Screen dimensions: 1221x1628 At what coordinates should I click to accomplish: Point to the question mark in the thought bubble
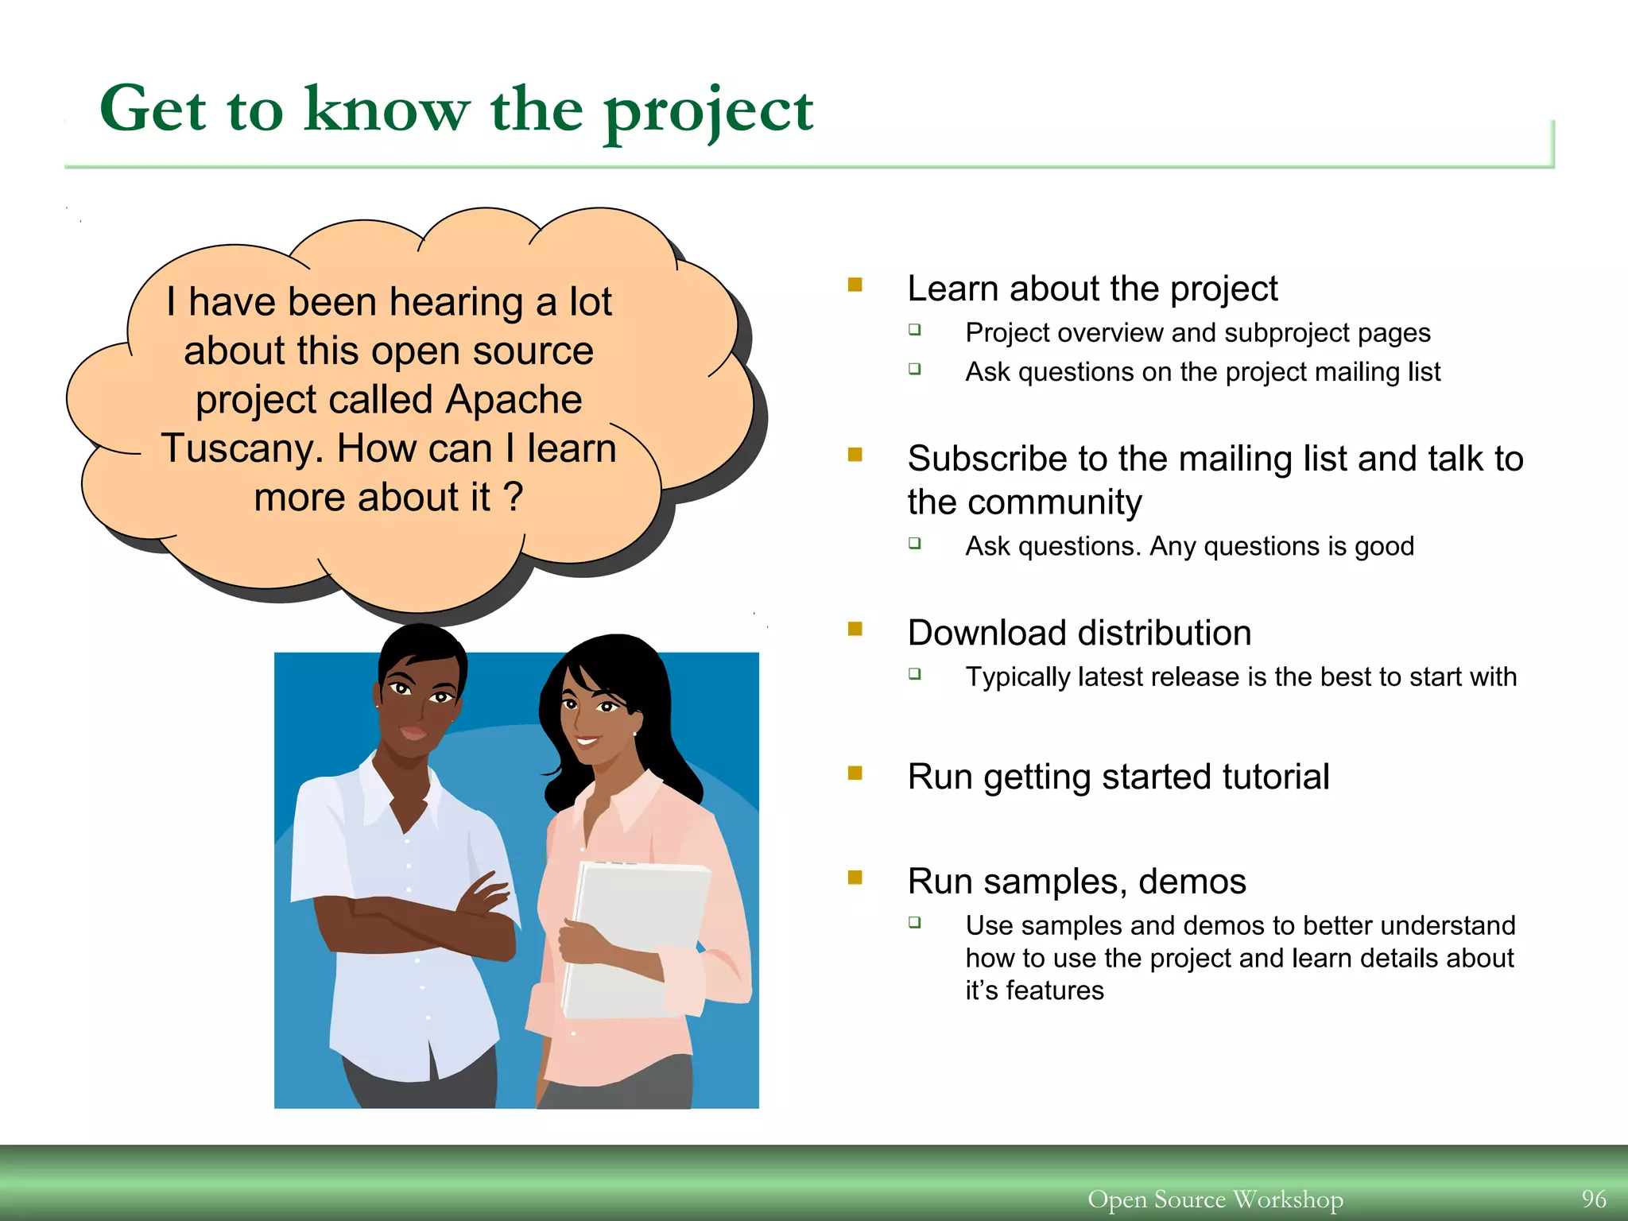(x=514, y=498)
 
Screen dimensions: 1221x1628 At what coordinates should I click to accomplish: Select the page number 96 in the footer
(x=1593, y=1198)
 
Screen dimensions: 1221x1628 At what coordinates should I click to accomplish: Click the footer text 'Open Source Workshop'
(x=1215, y=1199)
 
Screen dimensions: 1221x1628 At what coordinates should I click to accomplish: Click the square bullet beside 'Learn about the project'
(x=855, y=285)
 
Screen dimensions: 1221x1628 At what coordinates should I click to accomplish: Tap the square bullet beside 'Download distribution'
(x=855, y=629)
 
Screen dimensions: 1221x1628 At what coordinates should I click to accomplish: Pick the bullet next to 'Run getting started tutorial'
(x=855, y=773)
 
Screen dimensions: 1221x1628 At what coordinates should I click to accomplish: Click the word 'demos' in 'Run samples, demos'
(x=1192, y=882)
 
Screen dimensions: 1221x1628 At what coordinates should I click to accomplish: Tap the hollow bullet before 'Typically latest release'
(x=915, y=674)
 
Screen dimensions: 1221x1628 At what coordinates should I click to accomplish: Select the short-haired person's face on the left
(x=417, y=700)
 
